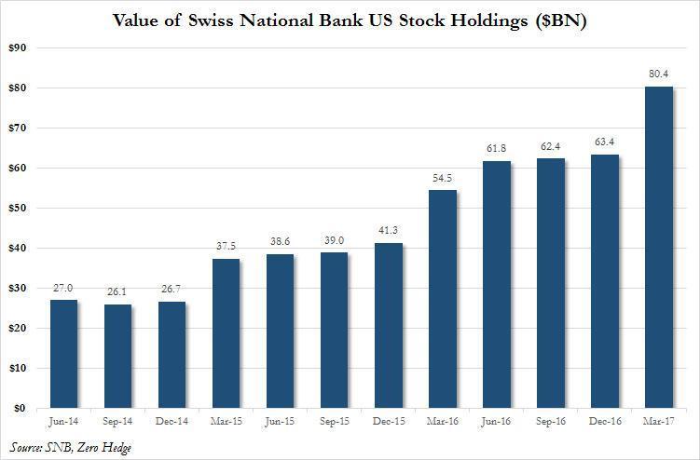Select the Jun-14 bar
point(63,354)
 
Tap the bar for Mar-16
point(443,299)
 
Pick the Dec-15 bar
point(389,325)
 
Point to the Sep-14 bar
point(117,356)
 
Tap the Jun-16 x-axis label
point(497,420)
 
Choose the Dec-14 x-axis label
point(172,420)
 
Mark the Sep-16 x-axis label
point(551,420)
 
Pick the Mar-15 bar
point(226,333)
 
